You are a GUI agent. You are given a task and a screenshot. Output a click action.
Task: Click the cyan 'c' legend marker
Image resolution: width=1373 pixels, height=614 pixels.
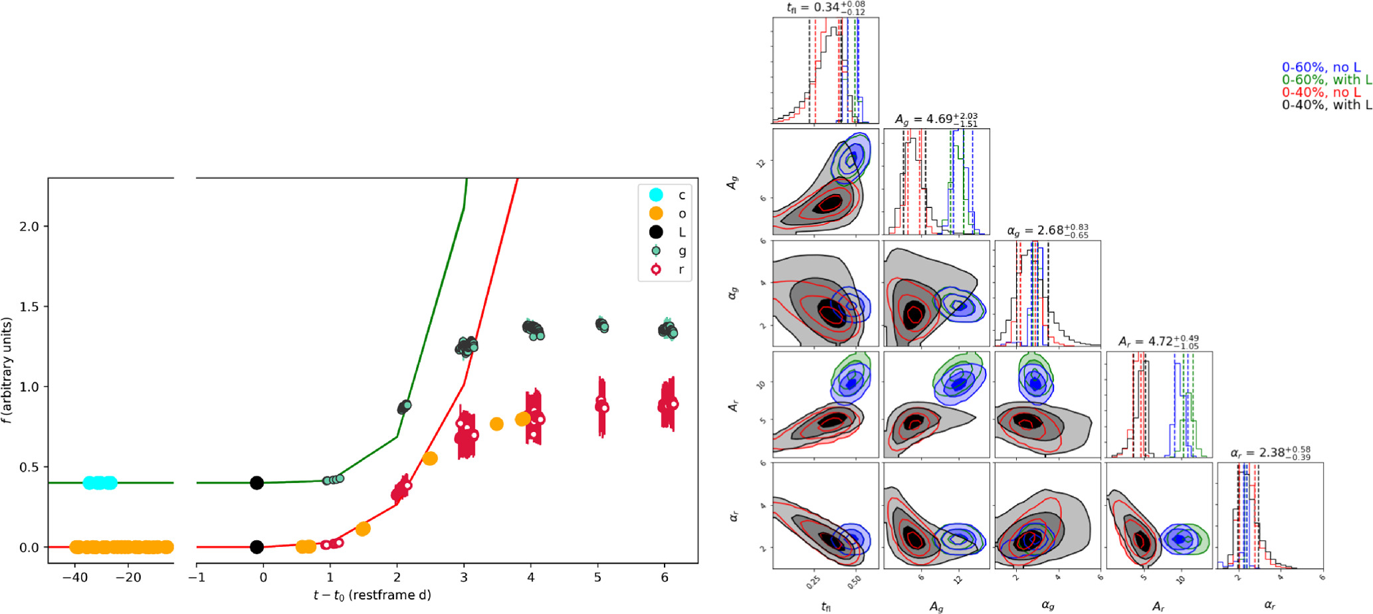coord(656,195)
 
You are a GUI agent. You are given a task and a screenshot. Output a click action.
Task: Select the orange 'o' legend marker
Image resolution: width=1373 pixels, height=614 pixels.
coord(656,213)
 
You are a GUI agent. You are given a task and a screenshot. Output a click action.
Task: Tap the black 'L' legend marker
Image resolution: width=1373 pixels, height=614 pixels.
coord(656,232)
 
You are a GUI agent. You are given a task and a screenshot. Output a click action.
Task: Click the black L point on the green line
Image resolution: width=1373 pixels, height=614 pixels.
coord(257,483)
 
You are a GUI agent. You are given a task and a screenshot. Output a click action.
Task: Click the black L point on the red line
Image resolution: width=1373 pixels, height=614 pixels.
coord(257,547)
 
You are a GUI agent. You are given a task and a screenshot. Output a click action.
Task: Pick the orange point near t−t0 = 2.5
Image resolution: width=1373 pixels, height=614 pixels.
coord(430,459)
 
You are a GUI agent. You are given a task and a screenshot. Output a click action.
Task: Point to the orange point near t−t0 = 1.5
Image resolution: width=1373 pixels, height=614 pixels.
coord(363,529)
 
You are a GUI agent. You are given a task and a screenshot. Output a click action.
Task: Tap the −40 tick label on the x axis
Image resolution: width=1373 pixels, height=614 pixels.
coord(74,577)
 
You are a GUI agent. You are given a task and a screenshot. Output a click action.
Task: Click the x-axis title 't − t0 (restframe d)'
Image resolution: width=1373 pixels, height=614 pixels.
coord(372,595)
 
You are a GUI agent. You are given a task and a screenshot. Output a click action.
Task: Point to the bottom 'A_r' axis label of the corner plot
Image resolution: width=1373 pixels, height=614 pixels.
coord(1158,606)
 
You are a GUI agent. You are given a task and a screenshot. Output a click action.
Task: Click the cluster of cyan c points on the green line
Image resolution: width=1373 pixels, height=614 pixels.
coord(100,483)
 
